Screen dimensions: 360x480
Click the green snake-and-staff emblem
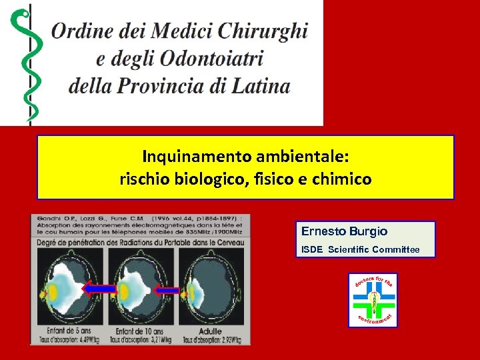pos(27,63)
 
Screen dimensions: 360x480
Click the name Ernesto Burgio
pos(344,231)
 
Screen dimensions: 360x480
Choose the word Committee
pos(396,250)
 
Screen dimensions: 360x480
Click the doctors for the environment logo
pos(373,300)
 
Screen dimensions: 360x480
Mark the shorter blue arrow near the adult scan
pos(167,290)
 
